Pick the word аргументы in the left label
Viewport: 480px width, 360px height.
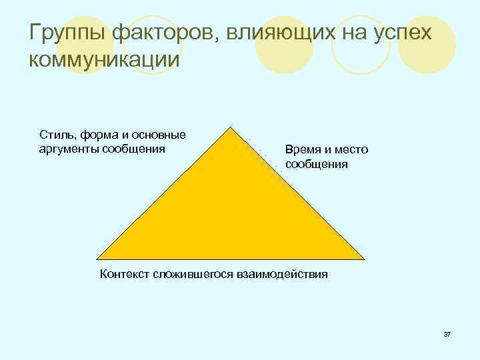point(68,148)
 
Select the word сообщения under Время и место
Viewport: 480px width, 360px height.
point(317,163)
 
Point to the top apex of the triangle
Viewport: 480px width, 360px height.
point(231,127)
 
